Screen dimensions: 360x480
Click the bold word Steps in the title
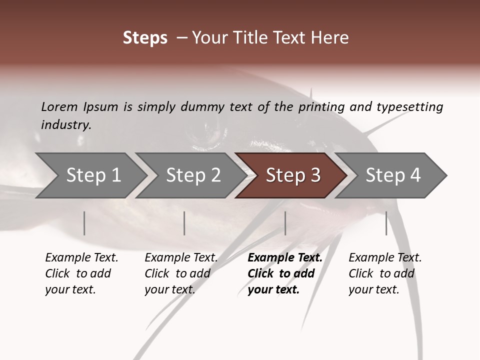pyautogui.click(x=145, y=38)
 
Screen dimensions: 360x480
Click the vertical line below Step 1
pyautogui.click(x=84, y=223)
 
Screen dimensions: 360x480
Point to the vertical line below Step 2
pyautogui.click(x=184, y=223)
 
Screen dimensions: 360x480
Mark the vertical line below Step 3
pyautogui.click(x=285, y=223)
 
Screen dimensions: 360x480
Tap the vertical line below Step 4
pyautogui.click(x=386, y=223)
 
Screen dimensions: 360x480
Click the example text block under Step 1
pyautogui.click(x=81, y=273)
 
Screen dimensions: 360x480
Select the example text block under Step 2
pyautogui.click(x=181, y=273)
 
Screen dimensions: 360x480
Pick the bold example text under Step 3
pyautogui.click(x=285, y=273)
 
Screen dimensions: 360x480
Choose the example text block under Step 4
pyautogui.click(x=385, y=273)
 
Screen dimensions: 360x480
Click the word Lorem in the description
pyautogui.click(x=59, y=106)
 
